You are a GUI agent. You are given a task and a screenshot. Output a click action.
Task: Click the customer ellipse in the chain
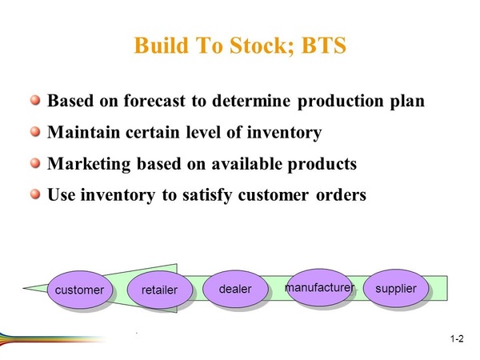pyautogui.click(x=79, y=290)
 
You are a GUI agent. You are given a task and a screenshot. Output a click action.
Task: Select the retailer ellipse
pyautogui.click(x=159, y=290)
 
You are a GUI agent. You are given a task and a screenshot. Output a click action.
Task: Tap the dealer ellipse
pyautogui.click(x=235, y=289)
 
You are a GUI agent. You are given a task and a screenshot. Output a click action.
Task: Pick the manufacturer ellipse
pyautogui.click(x=319, y=287)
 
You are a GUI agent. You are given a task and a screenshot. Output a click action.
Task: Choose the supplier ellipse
pyautogui.click(x=396, y=288)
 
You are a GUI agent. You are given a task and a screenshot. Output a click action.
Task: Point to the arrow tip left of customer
pyautogui.click(x=23, y=288)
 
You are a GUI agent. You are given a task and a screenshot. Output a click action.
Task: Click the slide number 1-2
pyautogui.click(x=457, y=339)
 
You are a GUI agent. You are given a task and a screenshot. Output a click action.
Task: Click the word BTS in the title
pyautogui.click(x=323, y=46)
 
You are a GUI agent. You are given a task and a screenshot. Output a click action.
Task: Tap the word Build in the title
pyautogui.click(x=162, y=46)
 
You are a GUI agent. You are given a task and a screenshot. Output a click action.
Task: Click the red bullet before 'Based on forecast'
pyautogui.click(x=35, y=100)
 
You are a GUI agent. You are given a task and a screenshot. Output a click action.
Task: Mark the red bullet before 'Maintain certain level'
pyautogui.click(x=35, y=132)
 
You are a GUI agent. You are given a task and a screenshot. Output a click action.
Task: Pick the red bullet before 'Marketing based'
pyautogui.click(x=35, y=163)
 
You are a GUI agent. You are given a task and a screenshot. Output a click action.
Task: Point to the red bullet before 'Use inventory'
pyautogui.click(x=35, y=194)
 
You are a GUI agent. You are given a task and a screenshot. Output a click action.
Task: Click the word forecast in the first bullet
pyautogui.click(x=154, y=101)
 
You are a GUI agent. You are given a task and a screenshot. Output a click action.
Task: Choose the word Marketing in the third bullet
pyautogui.click(x=89, y=164)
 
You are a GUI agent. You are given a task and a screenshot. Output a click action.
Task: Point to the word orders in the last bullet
pyautogui.click(x=341, y=195)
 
